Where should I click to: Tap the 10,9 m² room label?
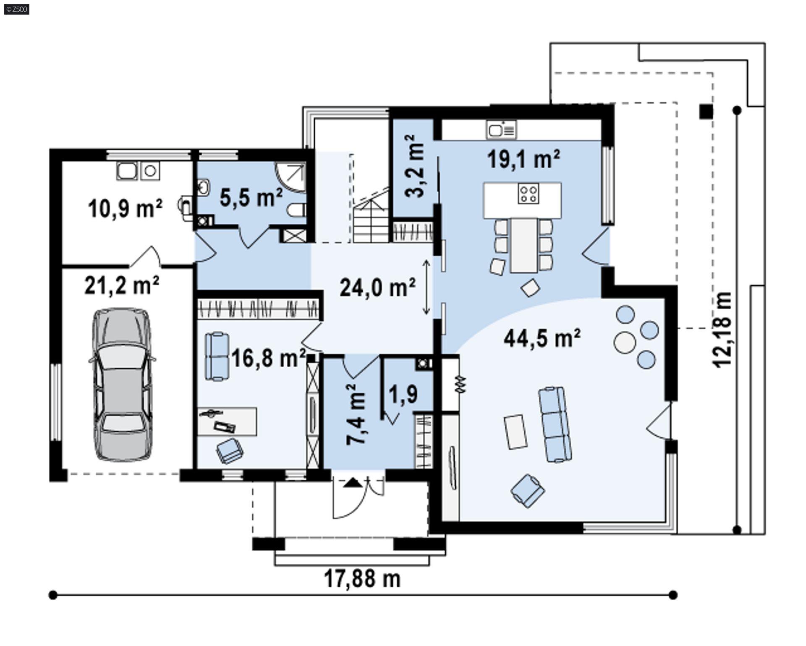(125, 209)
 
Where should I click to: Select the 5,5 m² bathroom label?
(251, 197)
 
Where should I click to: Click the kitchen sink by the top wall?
(501, 130)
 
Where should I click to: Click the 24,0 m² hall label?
(377, 288)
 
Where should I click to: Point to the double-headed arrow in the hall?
(426, 288)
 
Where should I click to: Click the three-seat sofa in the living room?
(555, 424)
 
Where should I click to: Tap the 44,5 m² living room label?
(542, 338)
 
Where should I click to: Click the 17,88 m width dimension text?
(362, 579)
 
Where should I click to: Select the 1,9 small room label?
(403, 394)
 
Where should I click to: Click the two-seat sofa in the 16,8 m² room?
(217, 356)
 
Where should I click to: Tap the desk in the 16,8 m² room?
(227, 421)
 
